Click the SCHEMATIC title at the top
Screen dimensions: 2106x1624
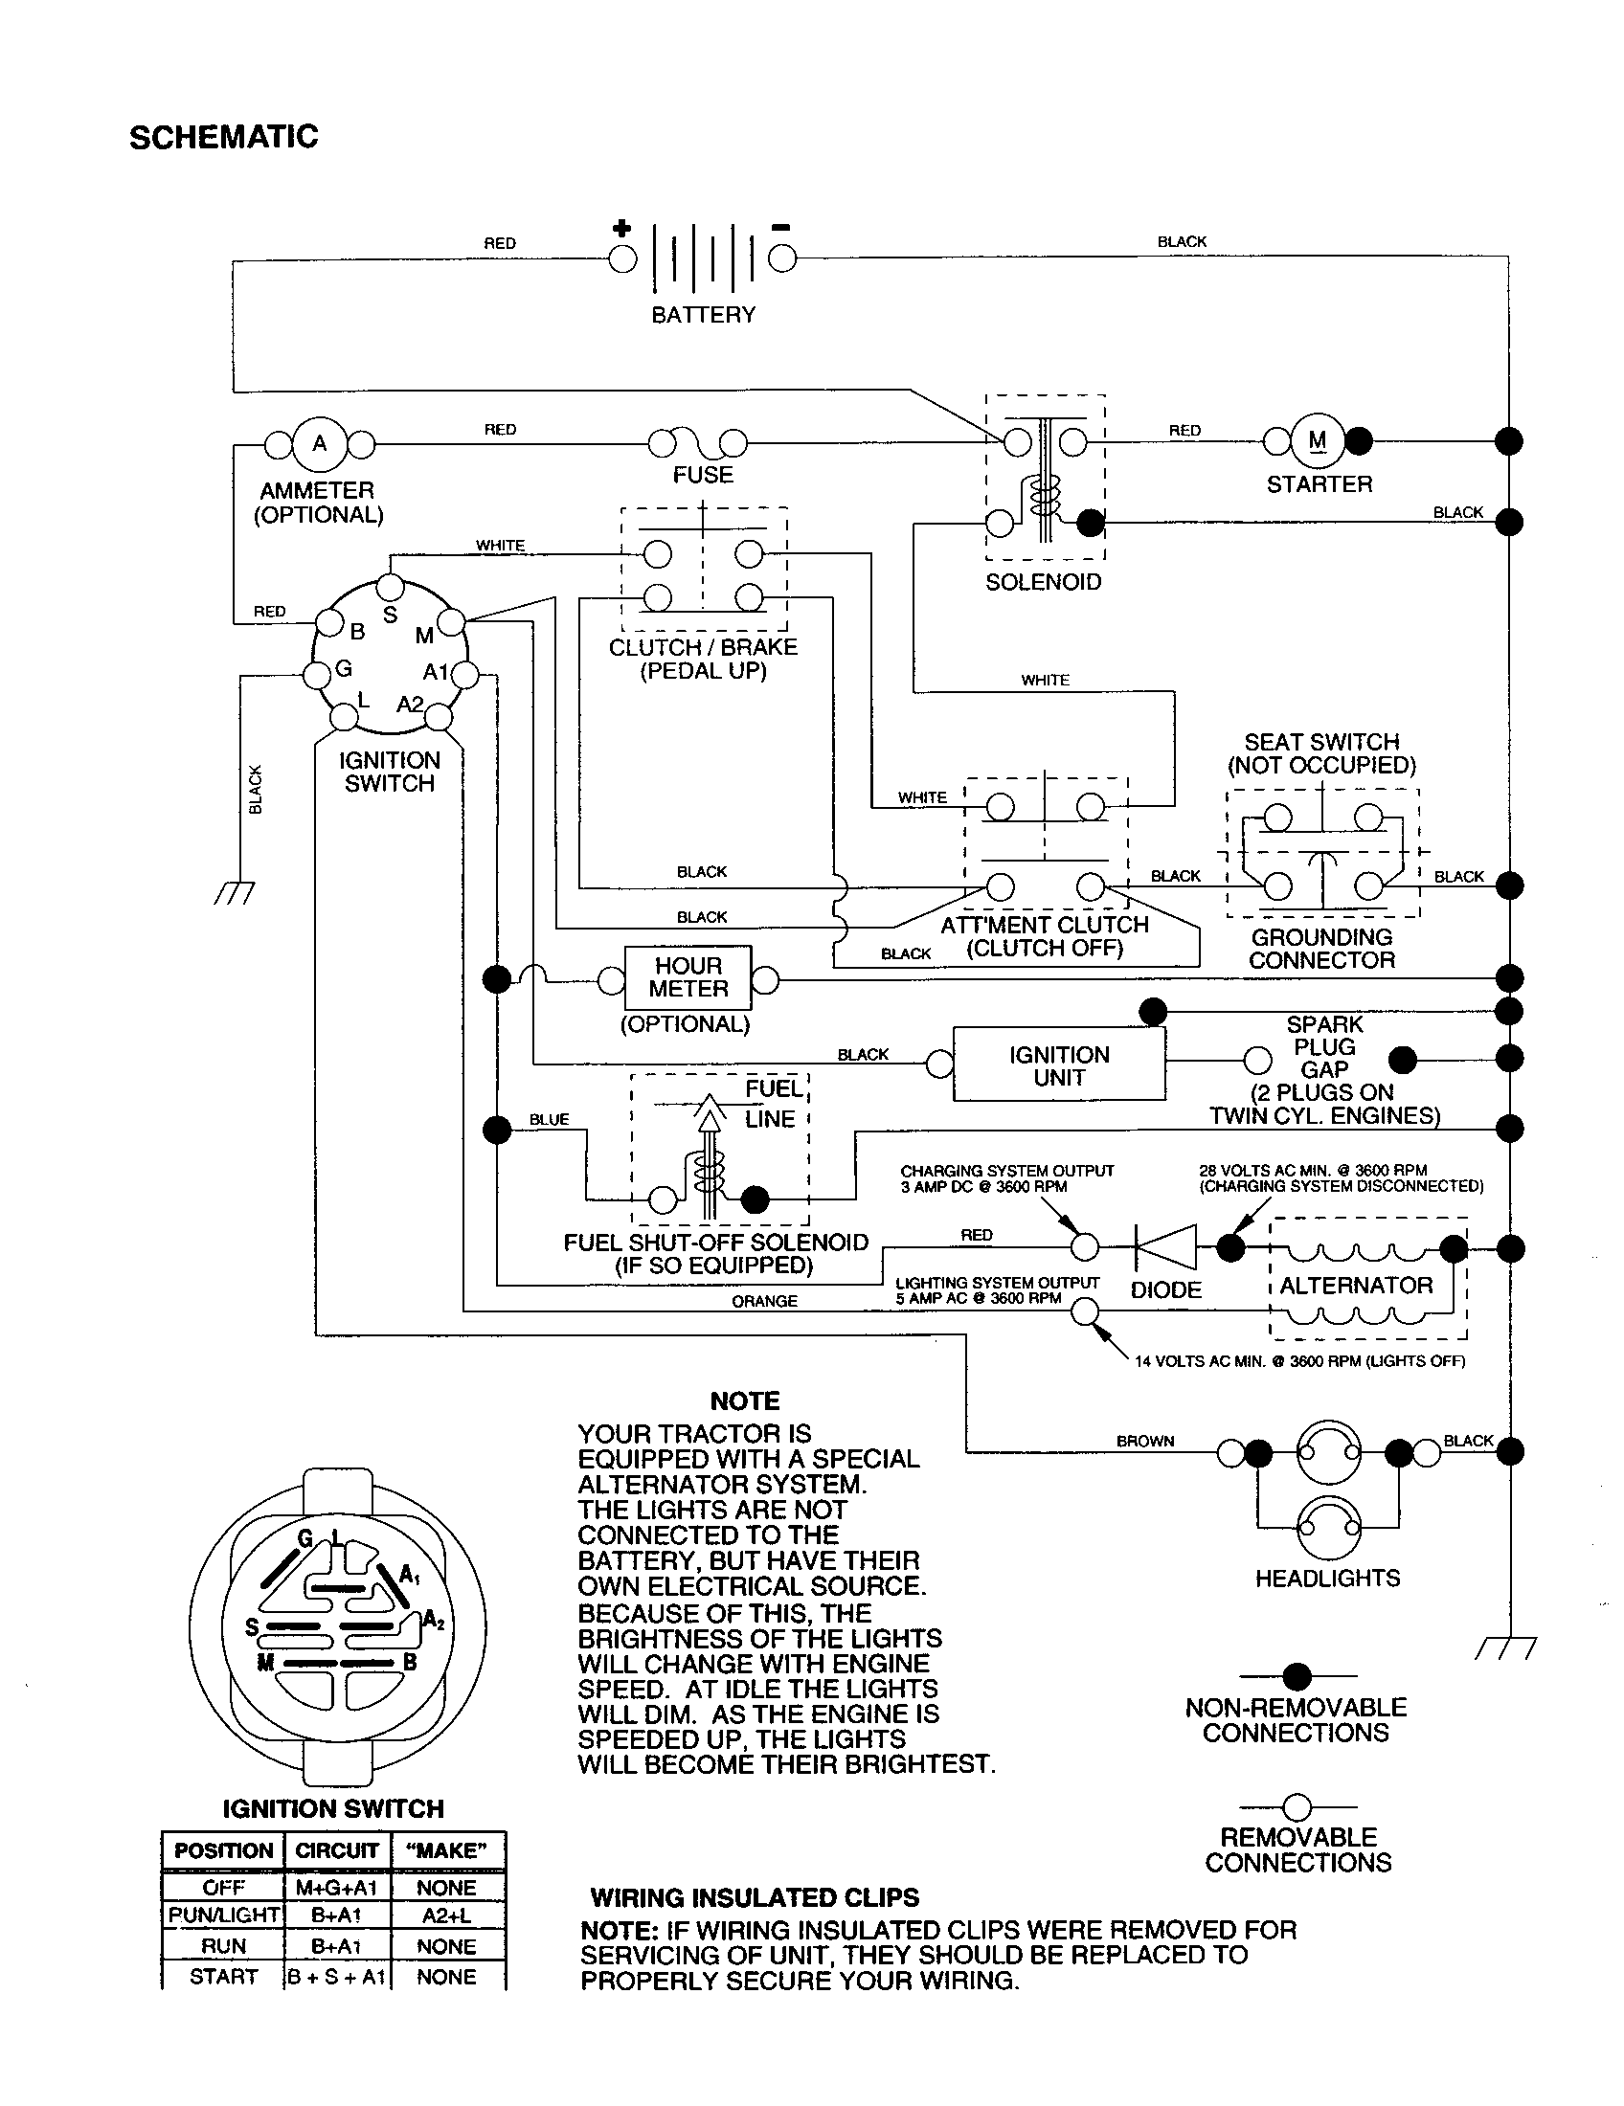[224, 137]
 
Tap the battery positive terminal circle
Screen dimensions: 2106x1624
[622, 258]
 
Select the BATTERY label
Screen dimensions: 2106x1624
[703, 315]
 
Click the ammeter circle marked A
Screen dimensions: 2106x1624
[319, 444]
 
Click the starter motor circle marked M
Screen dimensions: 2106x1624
[1318, 440]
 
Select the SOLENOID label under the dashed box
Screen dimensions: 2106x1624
[1043, 582]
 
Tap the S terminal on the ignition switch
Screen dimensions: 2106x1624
[390, 586]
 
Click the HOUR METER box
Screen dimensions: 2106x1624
[688, 977]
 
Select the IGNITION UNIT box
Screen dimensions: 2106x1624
[1059, 1065]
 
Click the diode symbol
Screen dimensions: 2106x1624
[1165, 1247]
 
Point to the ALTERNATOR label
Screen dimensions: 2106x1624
[1356, 1286]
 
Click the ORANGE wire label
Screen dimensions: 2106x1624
[764, 1301]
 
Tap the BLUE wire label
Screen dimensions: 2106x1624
[549, 1120]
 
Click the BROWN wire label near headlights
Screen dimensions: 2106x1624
[1144, 1441]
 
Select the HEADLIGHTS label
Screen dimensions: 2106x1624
[1327, 1579]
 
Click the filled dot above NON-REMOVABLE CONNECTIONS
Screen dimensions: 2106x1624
[1297, 1676]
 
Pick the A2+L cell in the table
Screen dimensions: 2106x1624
[446, 1916]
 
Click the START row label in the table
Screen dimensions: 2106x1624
[223, 1976]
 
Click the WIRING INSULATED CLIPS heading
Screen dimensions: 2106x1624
[755, 1897]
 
